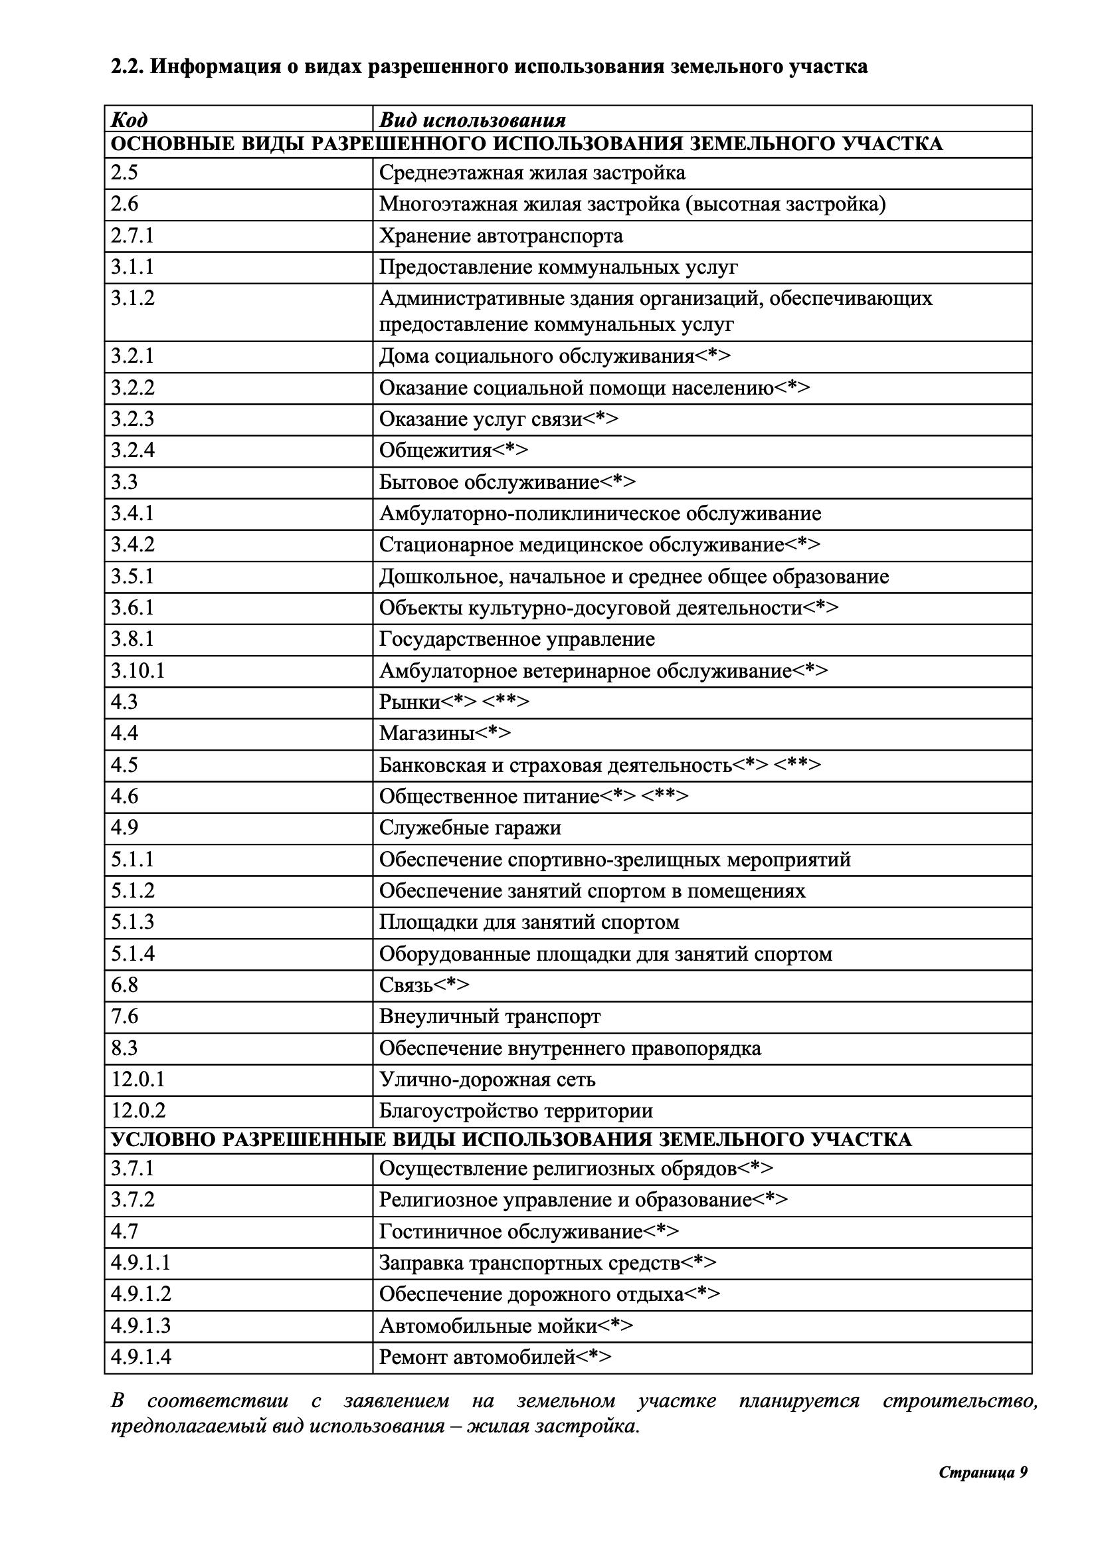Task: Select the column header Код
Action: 129,120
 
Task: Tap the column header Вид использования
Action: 472,120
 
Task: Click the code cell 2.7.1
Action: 133,236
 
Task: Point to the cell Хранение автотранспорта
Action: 501,236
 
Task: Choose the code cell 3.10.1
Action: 138,671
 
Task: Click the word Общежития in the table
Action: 435,450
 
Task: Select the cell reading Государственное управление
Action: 517,639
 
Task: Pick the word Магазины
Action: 427,733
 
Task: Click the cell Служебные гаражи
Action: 470,828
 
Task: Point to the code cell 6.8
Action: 124,985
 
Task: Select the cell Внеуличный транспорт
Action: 490,1017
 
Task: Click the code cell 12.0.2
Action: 138,1111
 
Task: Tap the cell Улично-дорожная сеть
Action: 487,1079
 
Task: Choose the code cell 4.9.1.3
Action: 141,1325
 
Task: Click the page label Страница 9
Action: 983,1473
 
